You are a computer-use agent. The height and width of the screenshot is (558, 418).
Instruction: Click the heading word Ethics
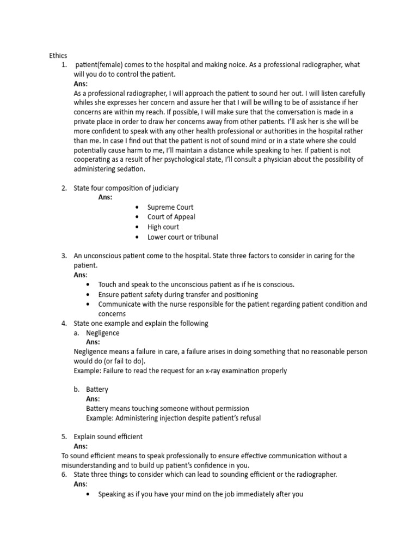tap(58, 55)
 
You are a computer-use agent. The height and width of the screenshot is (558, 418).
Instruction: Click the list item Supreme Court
tap(170, 207)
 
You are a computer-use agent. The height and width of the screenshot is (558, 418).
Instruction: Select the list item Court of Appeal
tap(171, 217)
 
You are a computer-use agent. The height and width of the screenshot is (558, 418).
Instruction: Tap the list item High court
tap(163, 227)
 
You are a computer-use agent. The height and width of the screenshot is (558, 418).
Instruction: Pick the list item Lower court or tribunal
tap(182, 236)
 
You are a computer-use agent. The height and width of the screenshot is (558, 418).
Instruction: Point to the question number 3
tap(64, 256)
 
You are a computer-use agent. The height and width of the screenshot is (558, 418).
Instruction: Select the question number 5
tap(64, 436)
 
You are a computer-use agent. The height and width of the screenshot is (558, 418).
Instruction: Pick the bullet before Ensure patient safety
tap(89, 295)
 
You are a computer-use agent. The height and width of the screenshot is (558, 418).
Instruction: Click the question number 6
tap(64, 475)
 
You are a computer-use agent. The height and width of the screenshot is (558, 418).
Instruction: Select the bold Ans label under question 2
tap(105, 197)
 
